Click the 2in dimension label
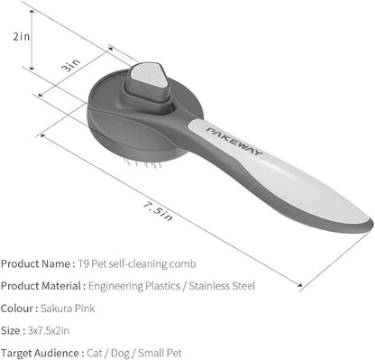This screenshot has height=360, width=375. [x=22, y=37]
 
